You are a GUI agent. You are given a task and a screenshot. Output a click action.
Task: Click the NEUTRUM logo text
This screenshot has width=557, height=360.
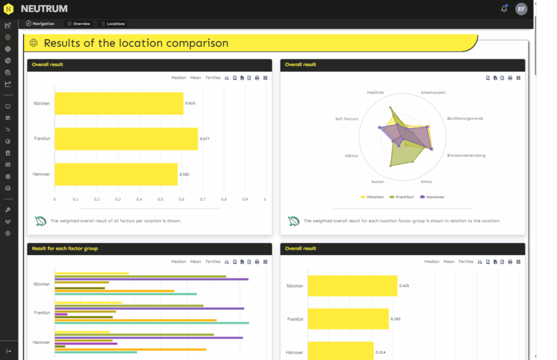[x=44, y=9]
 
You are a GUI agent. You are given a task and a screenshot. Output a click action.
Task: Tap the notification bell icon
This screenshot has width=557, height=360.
[x=504, y=9]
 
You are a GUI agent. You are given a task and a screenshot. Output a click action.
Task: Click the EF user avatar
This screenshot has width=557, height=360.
[x=521, y=9]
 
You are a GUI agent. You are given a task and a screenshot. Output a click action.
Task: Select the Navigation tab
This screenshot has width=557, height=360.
[x=40, y=24]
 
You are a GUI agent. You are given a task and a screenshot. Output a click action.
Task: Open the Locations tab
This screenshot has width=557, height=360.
[x=113, y=24]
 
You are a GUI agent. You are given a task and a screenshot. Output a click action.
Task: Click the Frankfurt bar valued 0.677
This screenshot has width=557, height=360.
[x=126, y=139]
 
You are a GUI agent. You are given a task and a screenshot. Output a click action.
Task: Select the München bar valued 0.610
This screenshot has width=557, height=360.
[x=119, y=103]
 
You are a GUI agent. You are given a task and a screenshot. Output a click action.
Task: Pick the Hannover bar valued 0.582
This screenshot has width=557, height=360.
[x=116, y=174]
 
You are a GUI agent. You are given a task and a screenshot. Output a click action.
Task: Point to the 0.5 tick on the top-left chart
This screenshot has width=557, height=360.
[x=160, y=199]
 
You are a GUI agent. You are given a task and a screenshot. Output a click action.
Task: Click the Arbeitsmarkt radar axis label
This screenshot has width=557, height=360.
[x=433, y=92]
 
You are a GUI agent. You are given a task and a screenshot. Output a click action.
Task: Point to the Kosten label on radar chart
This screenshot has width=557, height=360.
[x=378, y=182]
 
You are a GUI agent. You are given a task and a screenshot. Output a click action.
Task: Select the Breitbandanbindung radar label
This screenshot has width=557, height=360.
[x=466, y=156]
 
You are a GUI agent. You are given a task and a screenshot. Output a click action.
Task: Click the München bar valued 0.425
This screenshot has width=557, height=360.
[x=352, y=285]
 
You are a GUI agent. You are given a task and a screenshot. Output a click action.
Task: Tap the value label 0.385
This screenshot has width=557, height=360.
[x=395, y=319]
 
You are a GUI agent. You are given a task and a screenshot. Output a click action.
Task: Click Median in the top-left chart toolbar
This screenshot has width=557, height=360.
[x=178, y=78]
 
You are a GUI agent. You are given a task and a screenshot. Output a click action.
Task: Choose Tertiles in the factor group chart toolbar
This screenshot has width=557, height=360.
[x=213, y=262]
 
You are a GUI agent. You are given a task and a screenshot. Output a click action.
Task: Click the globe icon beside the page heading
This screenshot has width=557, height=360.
[x=34, y=43]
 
